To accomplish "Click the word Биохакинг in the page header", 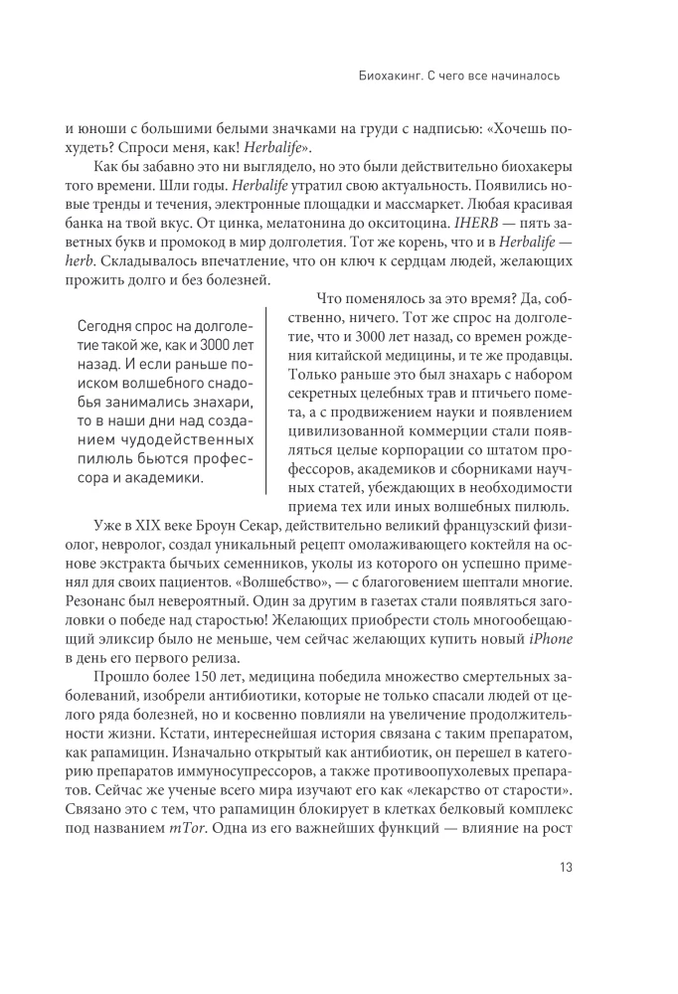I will point(392,75).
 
